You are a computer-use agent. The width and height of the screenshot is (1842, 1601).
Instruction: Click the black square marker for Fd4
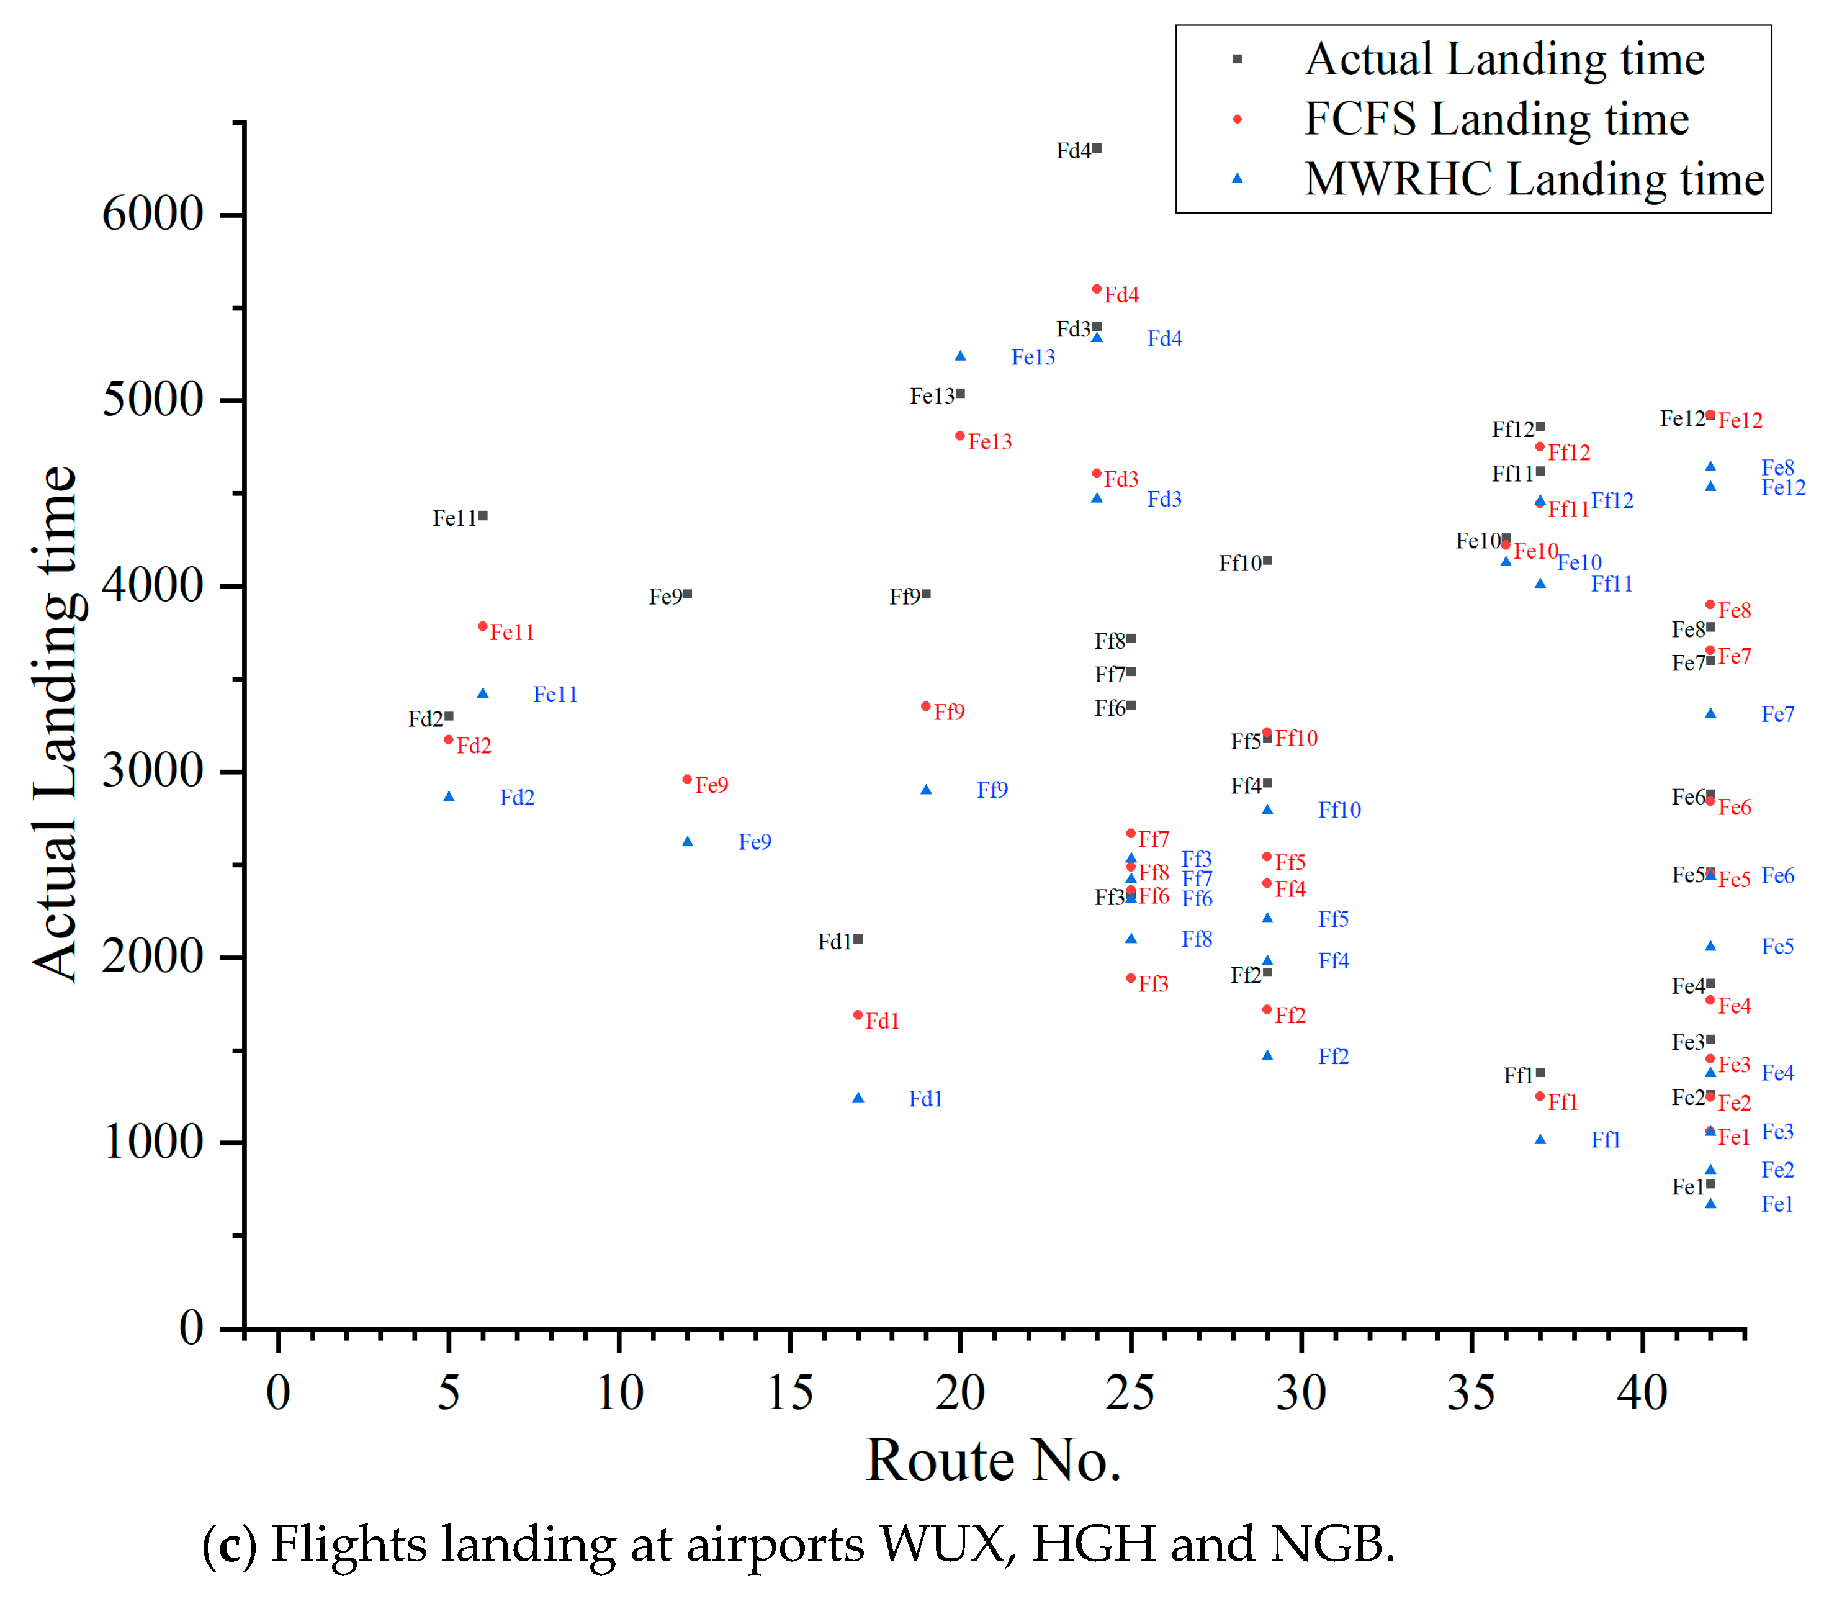(1097, 148)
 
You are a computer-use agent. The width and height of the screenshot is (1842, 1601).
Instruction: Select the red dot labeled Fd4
(1097, 289)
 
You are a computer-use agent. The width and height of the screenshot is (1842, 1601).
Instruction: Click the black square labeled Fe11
(483, 515)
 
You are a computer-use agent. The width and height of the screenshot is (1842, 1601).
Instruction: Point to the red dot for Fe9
(687, 780)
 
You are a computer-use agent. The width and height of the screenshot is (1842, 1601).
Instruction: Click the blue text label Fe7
(1777, 715)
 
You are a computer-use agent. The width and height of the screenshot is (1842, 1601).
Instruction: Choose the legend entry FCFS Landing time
(1496, 119)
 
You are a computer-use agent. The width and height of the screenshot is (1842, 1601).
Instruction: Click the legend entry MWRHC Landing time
(1534, 179)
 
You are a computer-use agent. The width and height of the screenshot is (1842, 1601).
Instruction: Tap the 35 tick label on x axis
(1471, 1392)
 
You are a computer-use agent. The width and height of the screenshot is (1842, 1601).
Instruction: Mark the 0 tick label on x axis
(279, 1392)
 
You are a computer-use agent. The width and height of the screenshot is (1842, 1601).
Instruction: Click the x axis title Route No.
(994, 1461)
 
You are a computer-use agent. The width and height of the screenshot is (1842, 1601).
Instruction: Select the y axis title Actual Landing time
(55, 724)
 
